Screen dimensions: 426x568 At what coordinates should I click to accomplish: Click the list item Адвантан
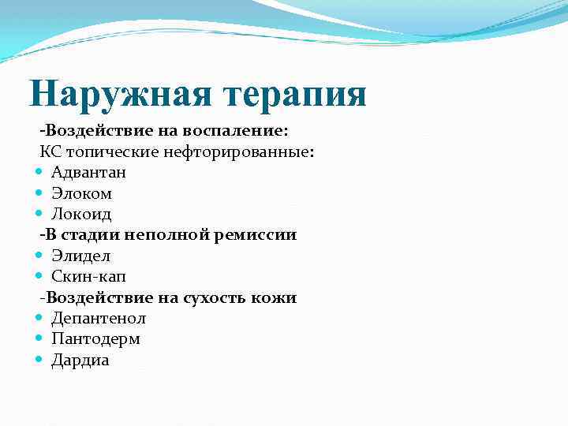tap(88, 171)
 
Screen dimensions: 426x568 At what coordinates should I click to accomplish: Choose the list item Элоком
tap(81, 192)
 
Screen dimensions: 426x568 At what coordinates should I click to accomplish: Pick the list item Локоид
tap(81, 213)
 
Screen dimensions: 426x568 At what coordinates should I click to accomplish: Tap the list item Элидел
tap(80, 256)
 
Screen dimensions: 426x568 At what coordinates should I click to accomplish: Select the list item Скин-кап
tap(88, 276)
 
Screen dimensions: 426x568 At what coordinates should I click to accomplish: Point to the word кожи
tap(275, 297)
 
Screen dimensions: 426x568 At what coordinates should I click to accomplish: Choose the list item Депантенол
tap(98, 318)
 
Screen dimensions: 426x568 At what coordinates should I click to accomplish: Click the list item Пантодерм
tap(95, 339)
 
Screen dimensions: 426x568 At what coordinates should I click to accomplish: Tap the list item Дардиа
tap(80, 360)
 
